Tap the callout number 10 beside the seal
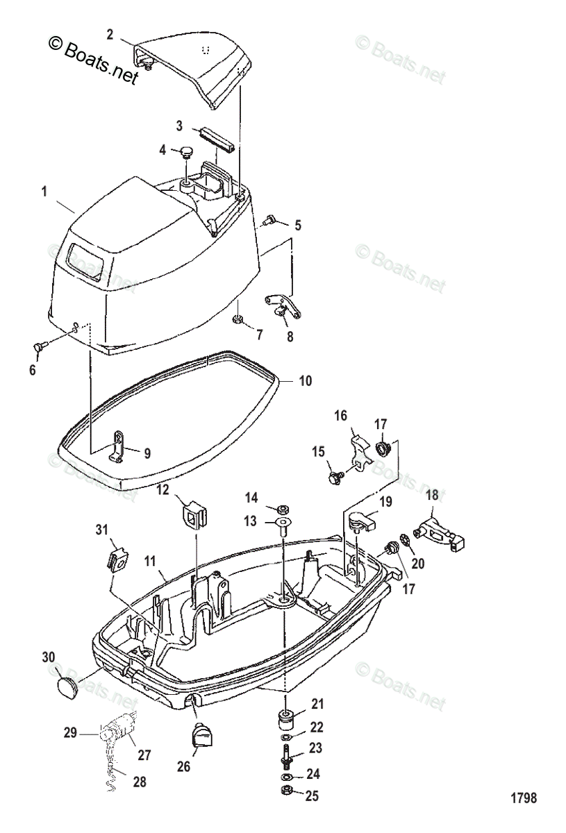(x=306, y=381)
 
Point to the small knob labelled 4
(x=187, y=151)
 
